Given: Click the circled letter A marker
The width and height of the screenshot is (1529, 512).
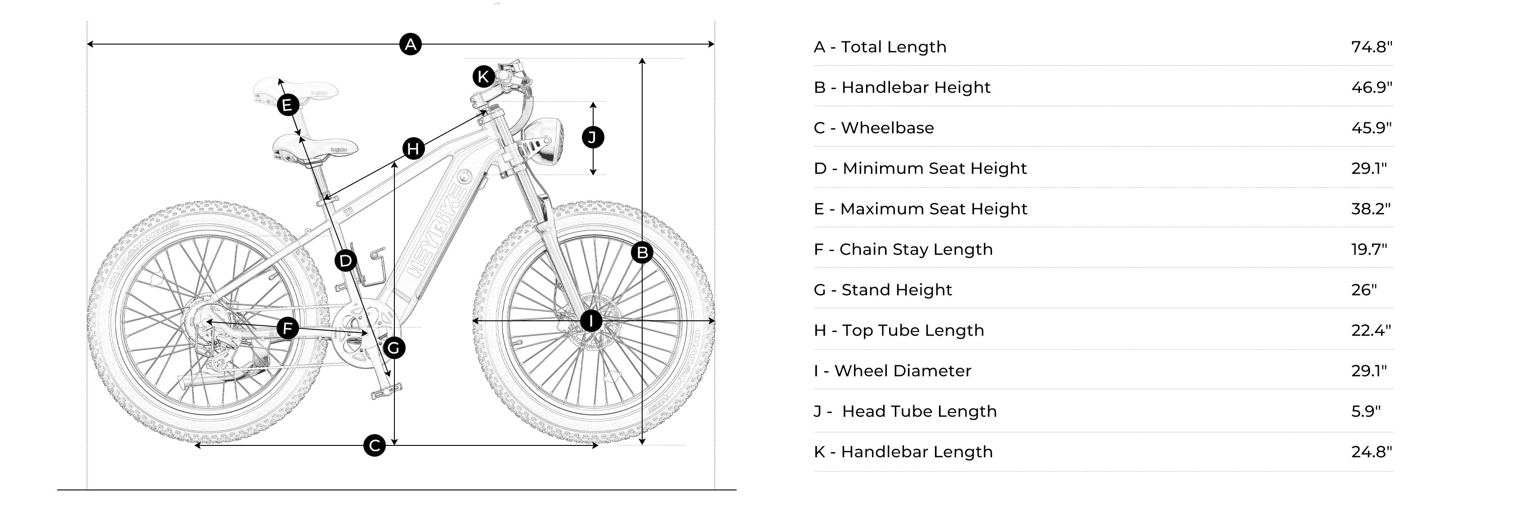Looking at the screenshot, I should tap(410, 44).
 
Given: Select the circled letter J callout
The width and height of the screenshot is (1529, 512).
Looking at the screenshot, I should tap(592, 138).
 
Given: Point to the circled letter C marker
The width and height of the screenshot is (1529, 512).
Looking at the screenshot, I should tap(375, 445).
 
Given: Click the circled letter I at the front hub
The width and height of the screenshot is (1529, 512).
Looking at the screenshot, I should tap(590, 321).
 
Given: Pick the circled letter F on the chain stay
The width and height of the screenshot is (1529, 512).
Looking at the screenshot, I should tap(288, 328).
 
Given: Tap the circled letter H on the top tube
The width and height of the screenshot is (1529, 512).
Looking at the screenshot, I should tap(413, 148).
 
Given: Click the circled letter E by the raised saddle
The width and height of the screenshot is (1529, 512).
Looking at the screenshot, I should tap(288, 106).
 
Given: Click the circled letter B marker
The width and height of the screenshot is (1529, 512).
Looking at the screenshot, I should tap(642, 253).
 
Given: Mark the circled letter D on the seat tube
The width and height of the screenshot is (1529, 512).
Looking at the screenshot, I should tap(345, 260).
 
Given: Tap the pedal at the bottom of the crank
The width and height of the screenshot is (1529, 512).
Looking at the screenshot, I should tap(386, 391).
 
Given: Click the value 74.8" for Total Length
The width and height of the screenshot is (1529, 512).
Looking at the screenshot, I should tap(1372, 47).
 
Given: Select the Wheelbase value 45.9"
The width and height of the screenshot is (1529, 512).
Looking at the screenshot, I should tap(1371, 128).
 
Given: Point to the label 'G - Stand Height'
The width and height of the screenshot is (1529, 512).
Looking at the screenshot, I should tap(883, 290).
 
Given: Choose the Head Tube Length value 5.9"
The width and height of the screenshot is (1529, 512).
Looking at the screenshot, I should tap(1366, 411).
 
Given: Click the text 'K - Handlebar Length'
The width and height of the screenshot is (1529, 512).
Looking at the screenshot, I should tap(903, 452).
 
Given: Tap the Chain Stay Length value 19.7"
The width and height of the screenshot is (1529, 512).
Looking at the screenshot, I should tap(1369, 249).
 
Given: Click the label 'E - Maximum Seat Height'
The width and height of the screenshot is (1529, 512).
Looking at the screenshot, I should tap(920, 209).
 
